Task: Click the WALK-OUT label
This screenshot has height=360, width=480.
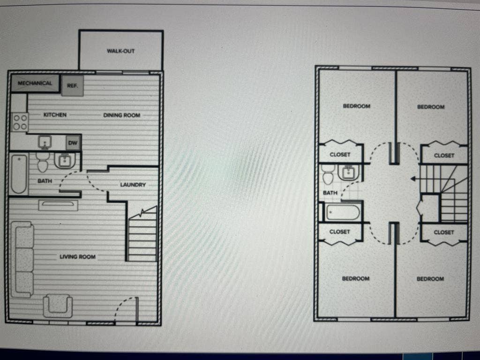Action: (x=120, y=51)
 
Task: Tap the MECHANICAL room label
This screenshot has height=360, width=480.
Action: (x=35, y=83)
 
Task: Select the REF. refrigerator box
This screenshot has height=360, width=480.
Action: (x=72, y=86)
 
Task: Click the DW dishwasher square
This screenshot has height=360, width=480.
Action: (x=73, y=142)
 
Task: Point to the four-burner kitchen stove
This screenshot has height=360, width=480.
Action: (x=20, y=122)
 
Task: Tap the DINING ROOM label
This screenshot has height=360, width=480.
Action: (x=121, y=115)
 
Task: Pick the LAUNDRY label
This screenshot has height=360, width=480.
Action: (x=133, y=185)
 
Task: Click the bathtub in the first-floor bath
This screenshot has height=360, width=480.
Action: (x=19, y=174)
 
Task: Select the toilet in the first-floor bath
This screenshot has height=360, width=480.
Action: (x=43, y=164)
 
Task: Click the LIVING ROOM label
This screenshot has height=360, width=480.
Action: (x=77, y=257)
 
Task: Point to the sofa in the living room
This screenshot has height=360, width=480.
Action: (x=22, y=260)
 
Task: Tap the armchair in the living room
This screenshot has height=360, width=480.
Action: (x=58, y=306)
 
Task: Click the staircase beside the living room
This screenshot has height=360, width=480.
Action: (x=142, y=237)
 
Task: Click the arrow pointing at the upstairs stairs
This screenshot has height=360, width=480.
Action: (x=414, y=179)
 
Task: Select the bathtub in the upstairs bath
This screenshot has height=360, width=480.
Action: (x=343, y=212)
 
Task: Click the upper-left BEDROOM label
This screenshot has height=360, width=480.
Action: (x=356, y=106)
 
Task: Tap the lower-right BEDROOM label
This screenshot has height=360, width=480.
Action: (x=430, y=279)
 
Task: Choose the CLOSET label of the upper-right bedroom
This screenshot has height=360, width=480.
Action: (x=444, y=156)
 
